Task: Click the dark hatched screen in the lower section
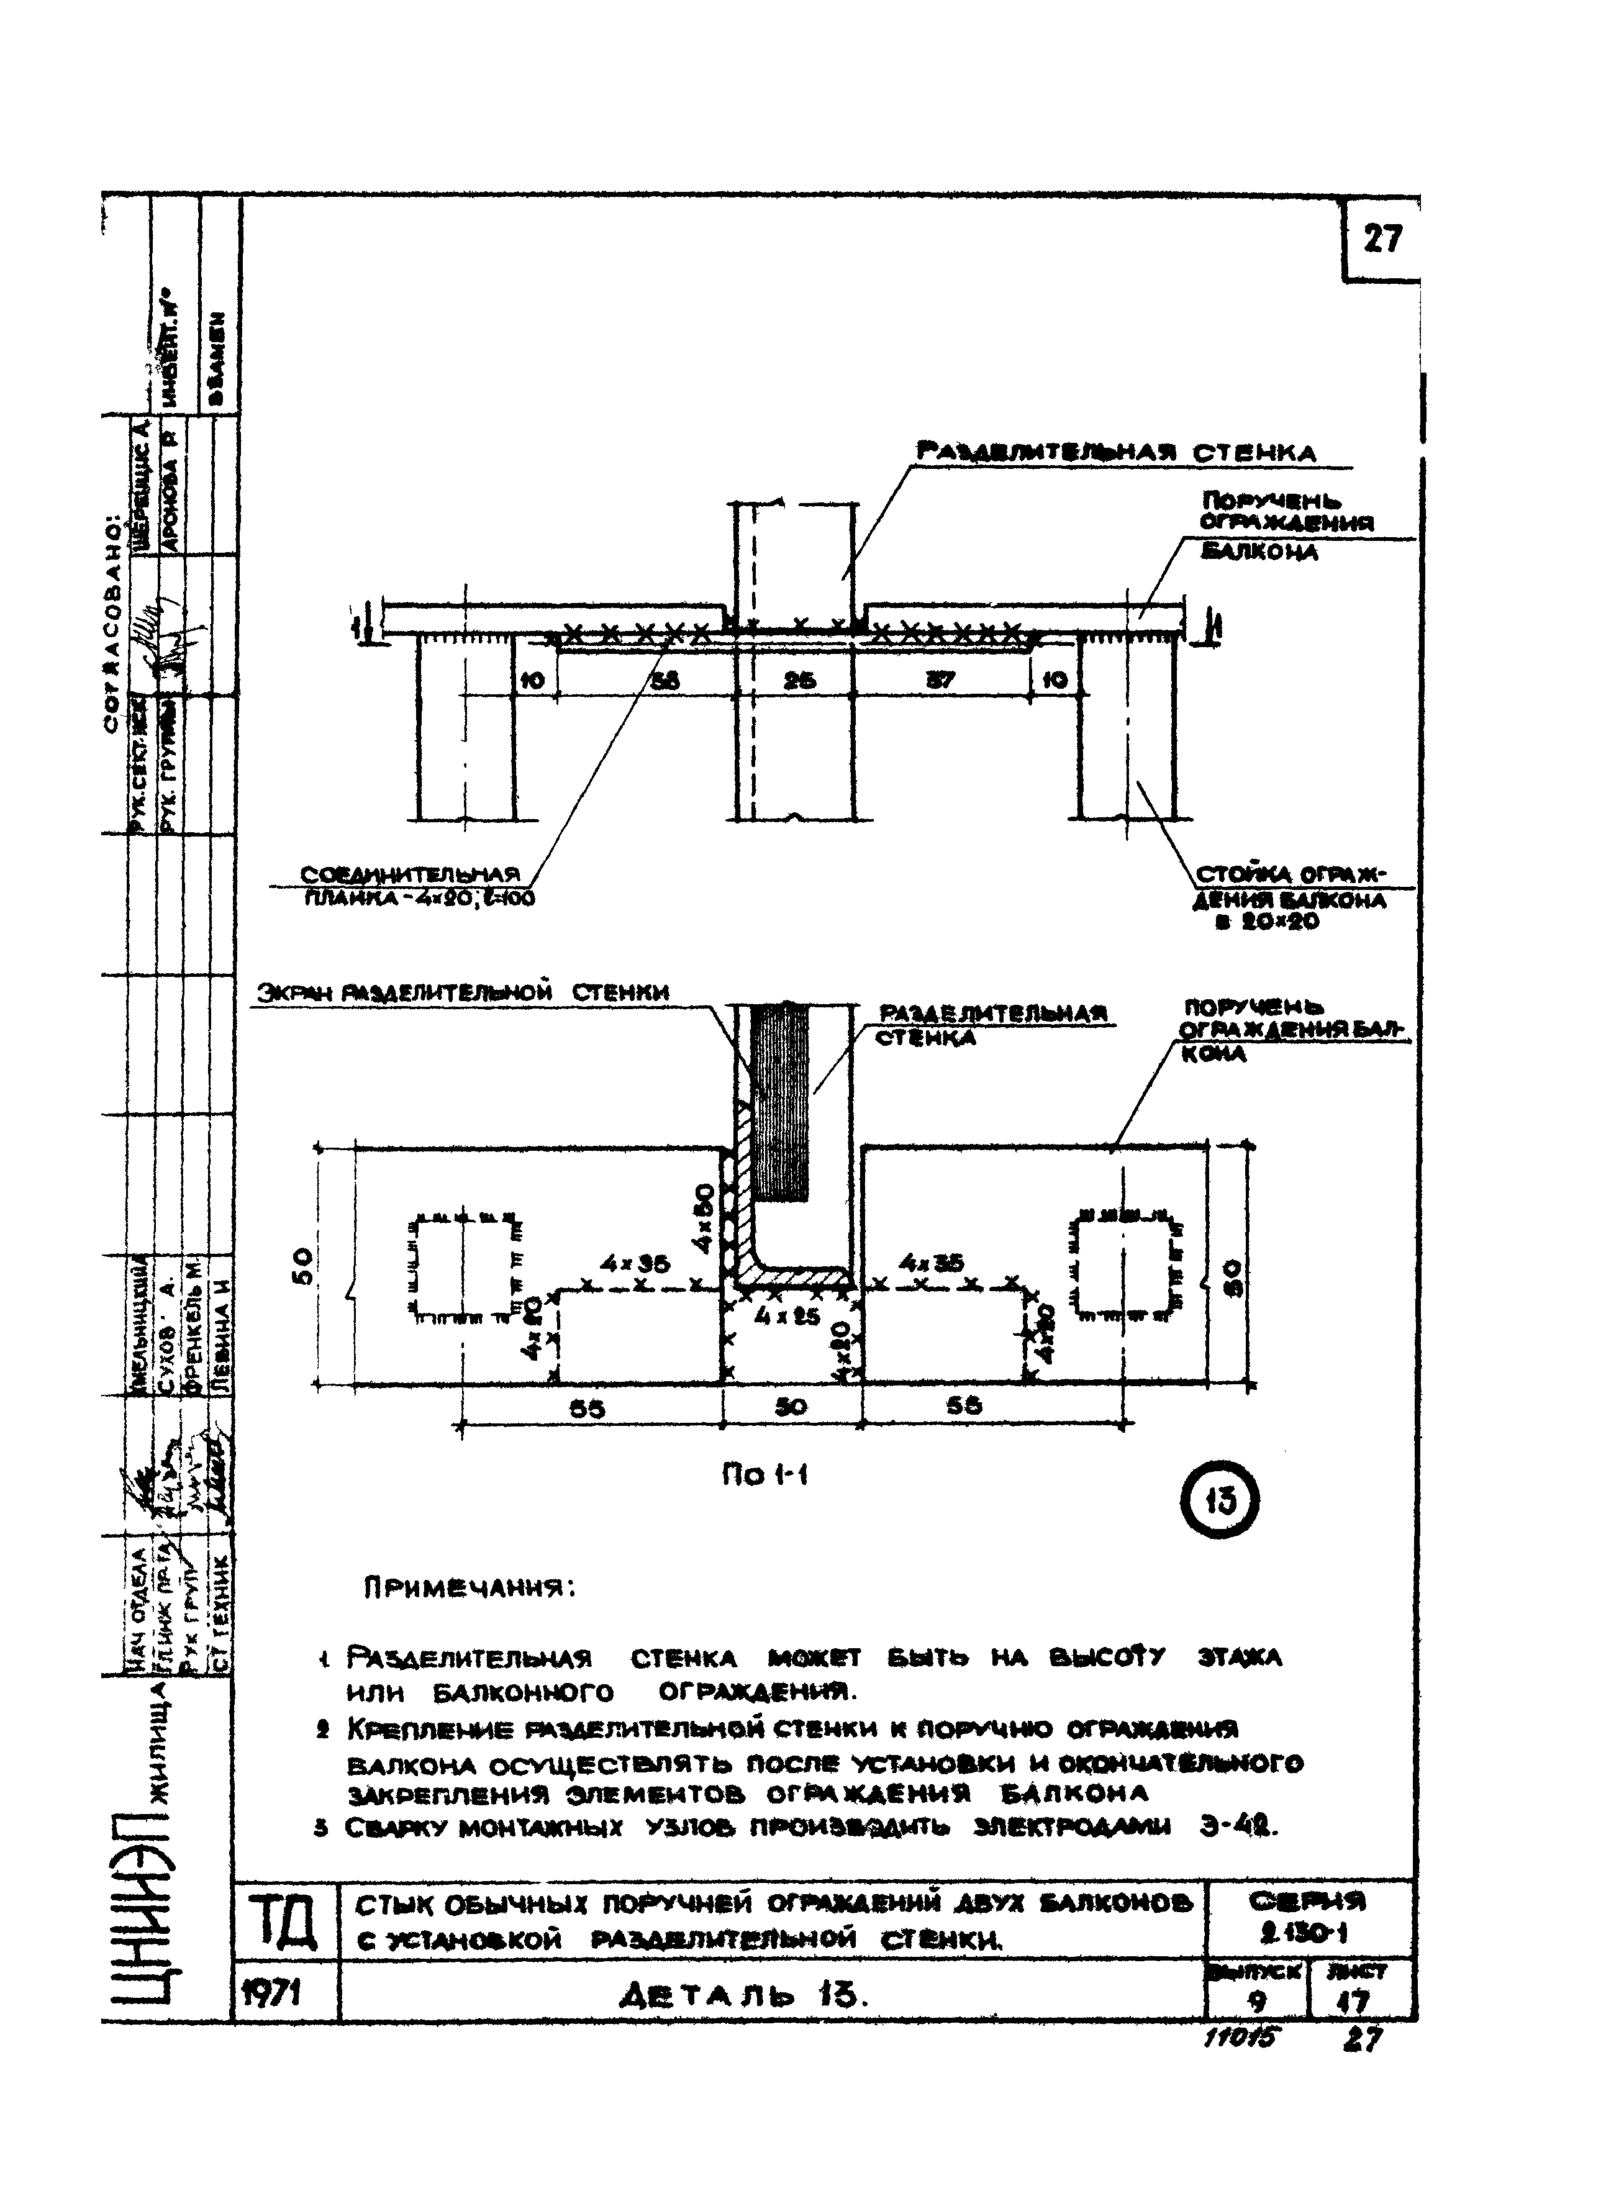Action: (779, 1101)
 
